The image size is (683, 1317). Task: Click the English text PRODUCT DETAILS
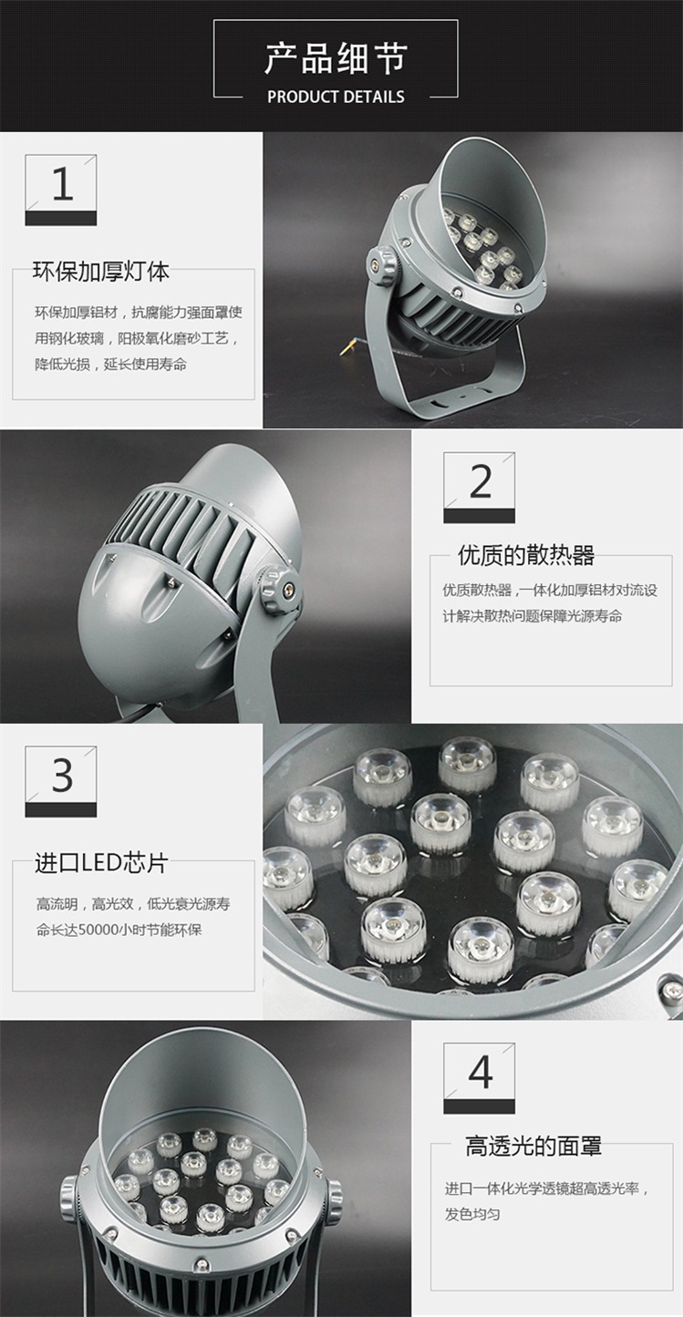click(336, 97)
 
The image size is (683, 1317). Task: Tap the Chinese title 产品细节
click(336, 59)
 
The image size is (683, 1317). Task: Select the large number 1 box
click(60, 190)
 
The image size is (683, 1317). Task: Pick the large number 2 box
click(479, 488)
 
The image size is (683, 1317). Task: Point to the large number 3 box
click(60, 781)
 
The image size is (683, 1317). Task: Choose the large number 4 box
click(479, 1078)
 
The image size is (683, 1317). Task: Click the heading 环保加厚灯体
click(101, 272)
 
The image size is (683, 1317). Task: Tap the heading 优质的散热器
click(526, 555)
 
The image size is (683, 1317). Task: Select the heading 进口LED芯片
click(101, 863)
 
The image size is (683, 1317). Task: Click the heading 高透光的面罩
click(533, 1146)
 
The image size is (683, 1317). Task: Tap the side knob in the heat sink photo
click(278, 590)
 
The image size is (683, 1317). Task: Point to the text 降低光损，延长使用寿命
click(110, 365)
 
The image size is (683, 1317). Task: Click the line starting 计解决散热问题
click(533, 616)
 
